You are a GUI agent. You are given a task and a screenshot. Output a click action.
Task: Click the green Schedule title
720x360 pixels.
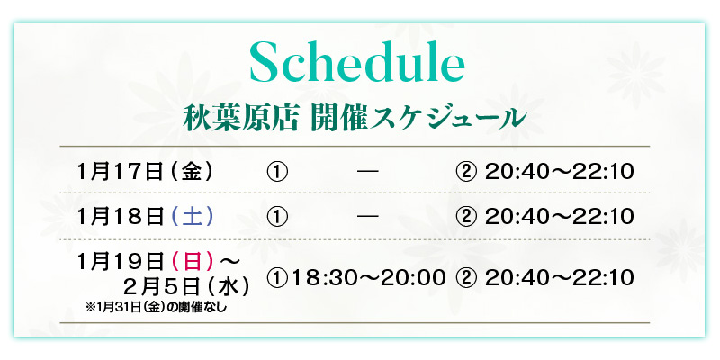click(357, 62)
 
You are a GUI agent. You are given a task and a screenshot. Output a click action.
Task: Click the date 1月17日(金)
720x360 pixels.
click(146, 172)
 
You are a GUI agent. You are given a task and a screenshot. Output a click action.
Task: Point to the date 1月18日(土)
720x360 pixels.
click(146, 217)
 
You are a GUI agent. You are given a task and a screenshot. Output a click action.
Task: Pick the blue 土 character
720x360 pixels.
click(192, 217)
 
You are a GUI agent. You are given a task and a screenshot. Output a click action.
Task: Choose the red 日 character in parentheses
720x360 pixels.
click(193, 262)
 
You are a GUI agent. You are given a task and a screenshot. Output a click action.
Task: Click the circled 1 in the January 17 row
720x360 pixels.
click(277, 172)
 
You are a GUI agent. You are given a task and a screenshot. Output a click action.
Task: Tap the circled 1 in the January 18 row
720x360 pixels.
click(277, 217)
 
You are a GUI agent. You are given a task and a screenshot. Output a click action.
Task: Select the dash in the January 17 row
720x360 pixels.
click(368, 172)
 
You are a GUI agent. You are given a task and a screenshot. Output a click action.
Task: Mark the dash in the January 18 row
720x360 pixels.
click(368, 216)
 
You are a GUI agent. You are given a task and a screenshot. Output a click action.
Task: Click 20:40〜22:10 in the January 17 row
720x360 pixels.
click(559, 172)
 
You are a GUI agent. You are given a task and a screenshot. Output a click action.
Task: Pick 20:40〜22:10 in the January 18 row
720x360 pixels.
click(559, 217)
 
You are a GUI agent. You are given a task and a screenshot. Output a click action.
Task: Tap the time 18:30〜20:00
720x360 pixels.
click(368, 278)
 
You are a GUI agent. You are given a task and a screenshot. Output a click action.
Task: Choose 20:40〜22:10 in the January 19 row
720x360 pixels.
click(559, 278)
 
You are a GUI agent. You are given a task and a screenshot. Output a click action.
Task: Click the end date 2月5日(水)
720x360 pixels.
click(187, 288)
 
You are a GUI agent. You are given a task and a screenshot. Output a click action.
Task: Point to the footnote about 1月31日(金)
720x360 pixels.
click(156, 308)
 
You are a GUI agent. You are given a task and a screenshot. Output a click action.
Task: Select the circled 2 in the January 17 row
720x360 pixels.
click(466, 172)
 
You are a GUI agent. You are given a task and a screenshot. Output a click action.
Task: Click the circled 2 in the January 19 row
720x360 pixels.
click(466, 278)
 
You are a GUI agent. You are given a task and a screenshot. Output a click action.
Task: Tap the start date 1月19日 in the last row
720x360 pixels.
click(121, 262)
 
